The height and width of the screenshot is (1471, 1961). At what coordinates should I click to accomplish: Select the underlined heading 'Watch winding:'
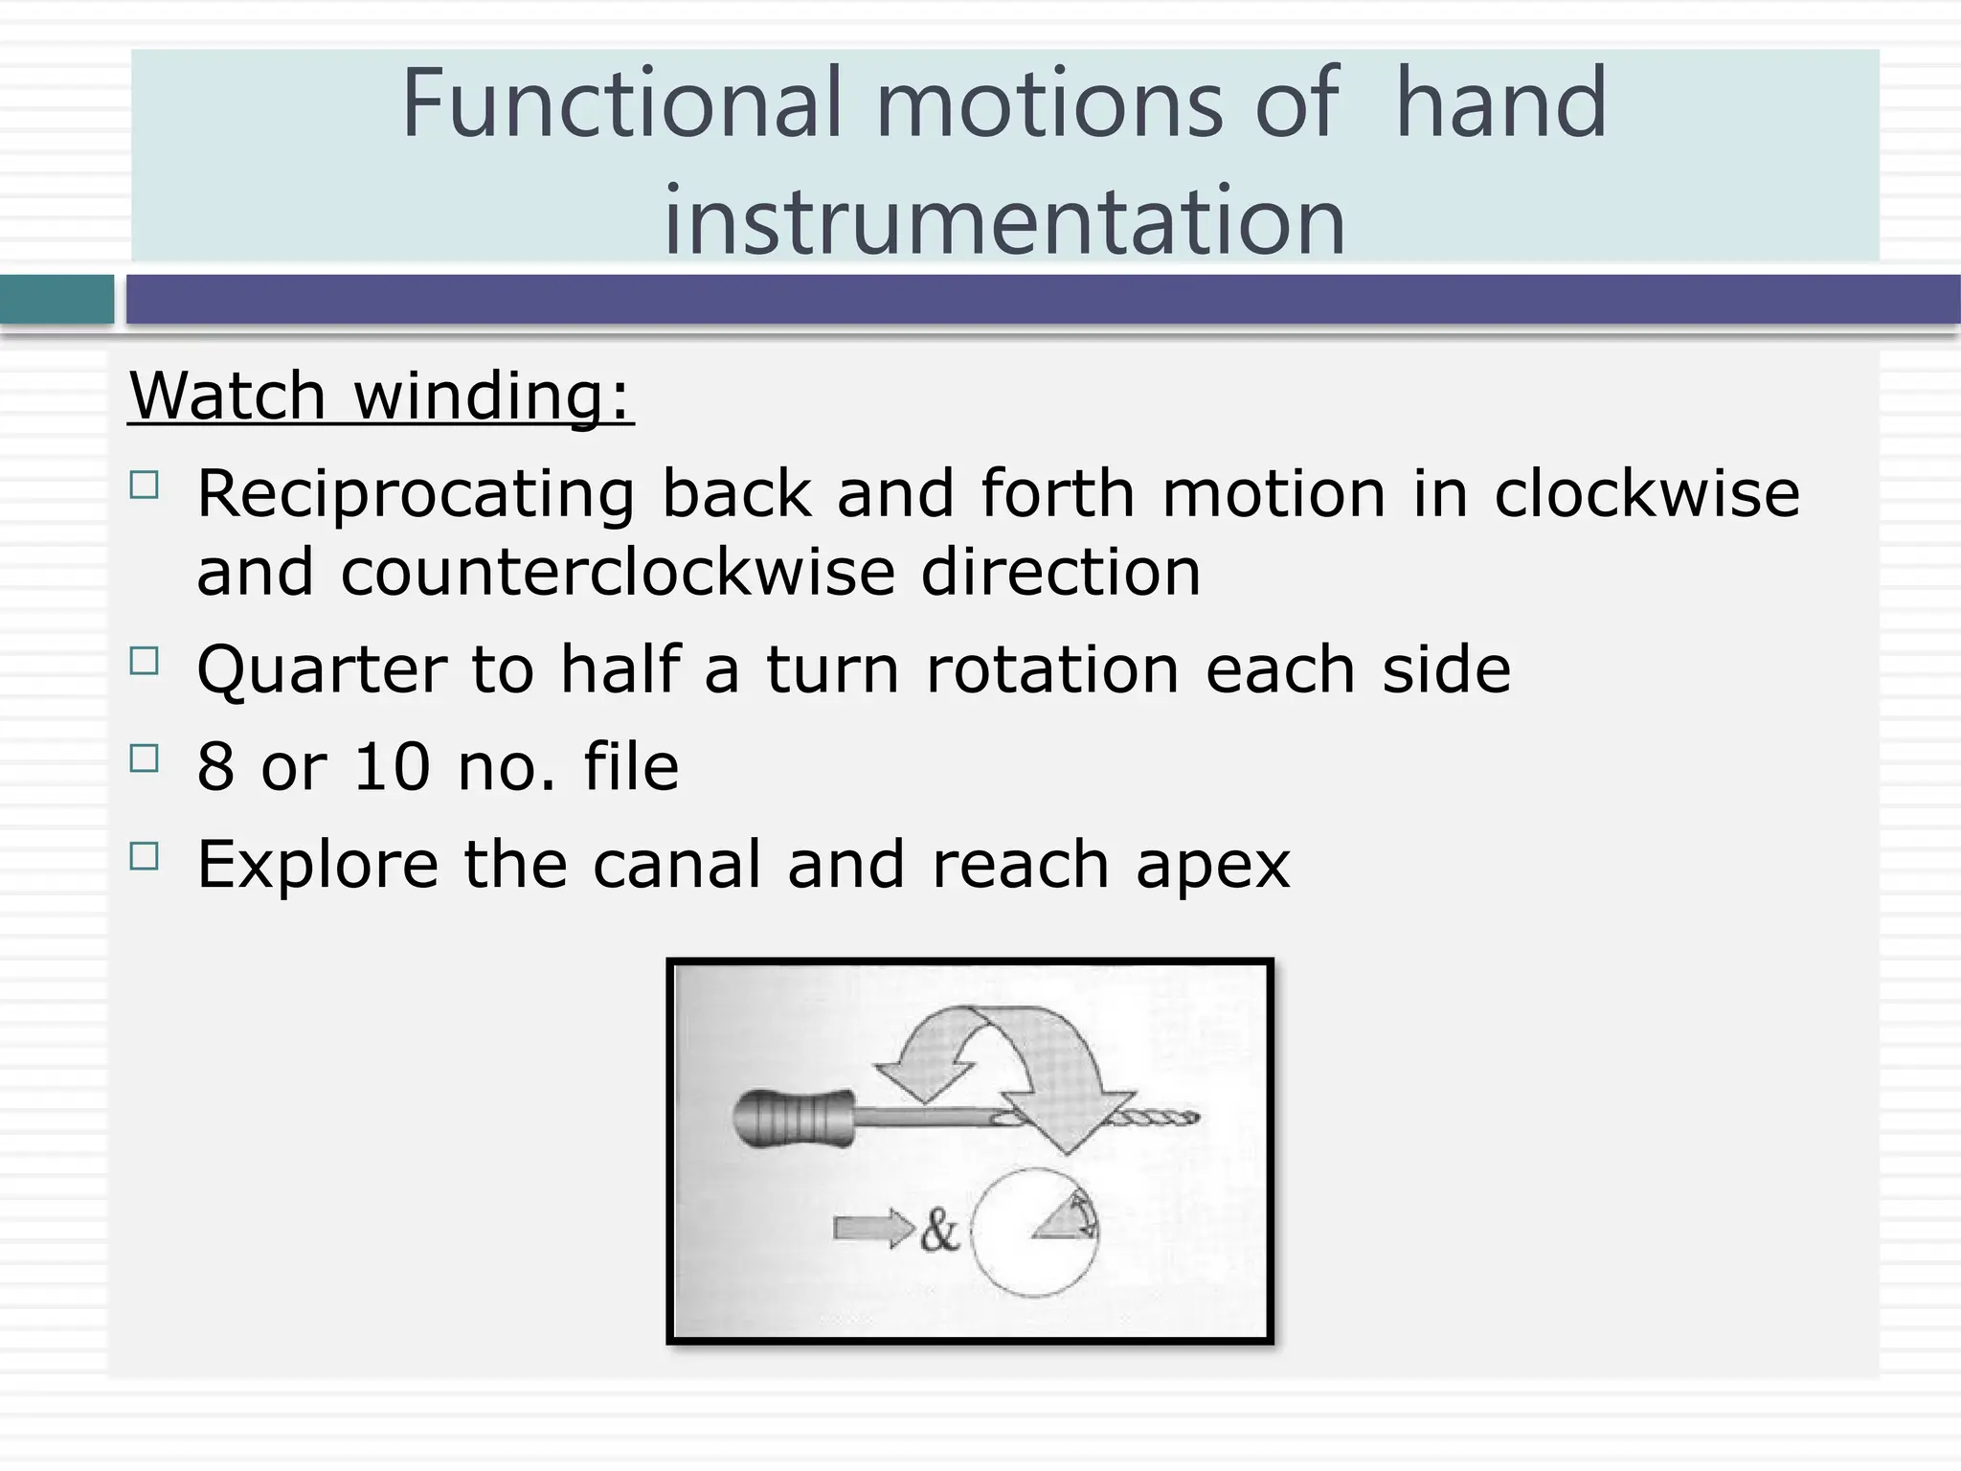[x=381, y=396]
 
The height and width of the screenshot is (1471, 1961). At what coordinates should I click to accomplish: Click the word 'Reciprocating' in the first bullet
[x=415, y=495]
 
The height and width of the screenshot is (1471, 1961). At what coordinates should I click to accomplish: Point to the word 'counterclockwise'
[x=618, y=573]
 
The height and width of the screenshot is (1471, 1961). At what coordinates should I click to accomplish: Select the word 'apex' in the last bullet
[x=1212, y=864]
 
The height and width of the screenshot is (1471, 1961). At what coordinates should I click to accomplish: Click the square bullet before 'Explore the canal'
[x=144, y=856]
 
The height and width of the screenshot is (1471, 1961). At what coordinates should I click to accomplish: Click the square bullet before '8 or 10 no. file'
[x=144, y=758]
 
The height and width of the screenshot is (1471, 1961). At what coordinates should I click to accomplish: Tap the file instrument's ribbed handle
[x=793, y=1118]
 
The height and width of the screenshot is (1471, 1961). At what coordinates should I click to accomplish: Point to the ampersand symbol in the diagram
[x=939, y=1231]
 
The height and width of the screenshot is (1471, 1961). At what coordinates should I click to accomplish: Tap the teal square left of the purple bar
[x=56, y=300]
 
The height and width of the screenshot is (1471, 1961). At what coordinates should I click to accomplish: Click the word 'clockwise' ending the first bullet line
[x=1646, y=495]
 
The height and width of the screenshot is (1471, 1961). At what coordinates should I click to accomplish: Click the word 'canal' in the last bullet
[x=677, y=864]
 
